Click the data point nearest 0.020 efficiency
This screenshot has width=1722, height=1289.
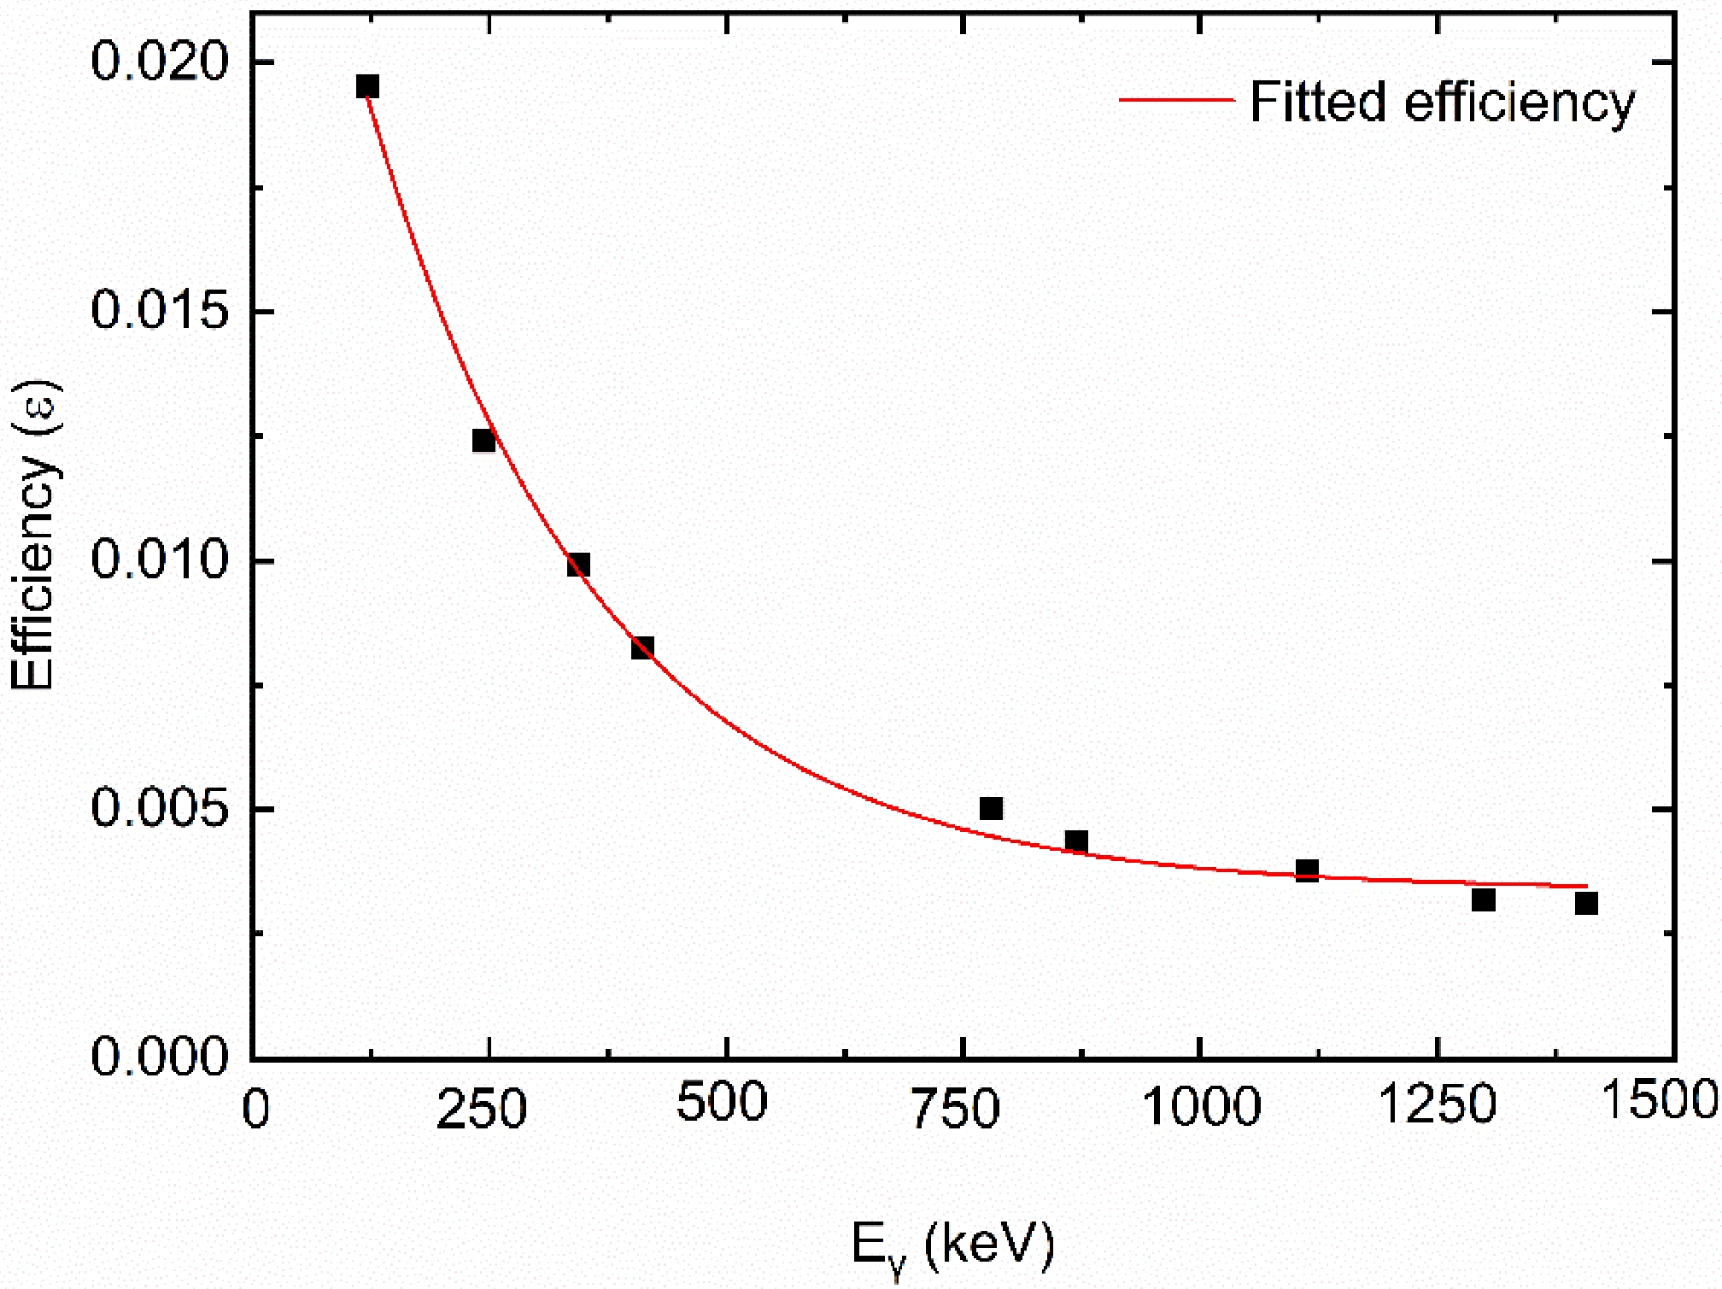367,86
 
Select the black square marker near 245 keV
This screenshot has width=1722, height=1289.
483,441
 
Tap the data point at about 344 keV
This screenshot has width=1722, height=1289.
578,565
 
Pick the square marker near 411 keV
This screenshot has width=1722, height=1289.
642,647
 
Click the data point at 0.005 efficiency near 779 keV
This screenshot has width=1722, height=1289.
991,808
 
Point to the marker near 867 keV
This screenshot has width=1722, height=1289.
1076,841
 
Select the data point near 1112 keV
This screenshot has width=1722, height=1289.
1307,871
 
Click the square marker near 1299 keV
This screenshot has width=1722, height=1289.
1484,900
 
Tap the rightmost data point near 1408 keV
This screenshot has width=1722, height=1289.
1586,904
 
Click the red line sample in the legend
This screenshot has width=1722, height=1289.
1177,101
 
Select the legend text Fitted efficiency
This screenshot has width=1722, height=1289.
1442,103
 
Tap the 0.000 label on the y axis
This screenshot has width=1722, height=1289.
161,1057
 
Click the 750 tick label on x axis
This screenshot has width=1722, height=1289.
955,1108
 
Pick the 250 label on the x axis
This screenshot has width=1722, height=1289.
481,1110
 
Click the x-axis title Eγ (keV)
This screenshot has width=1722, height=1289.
952,1247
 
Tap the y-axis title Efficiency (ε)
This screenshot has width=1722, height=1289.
34,536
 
